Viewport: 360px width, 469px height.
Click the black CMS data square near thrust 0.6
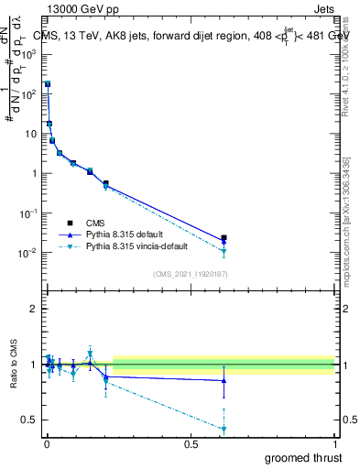coord(224,238)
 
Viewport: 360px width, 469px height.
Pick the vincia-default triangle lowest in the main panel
coord(224,252)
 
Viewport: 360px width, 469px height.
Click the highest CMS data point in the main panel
coord(48,83)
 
